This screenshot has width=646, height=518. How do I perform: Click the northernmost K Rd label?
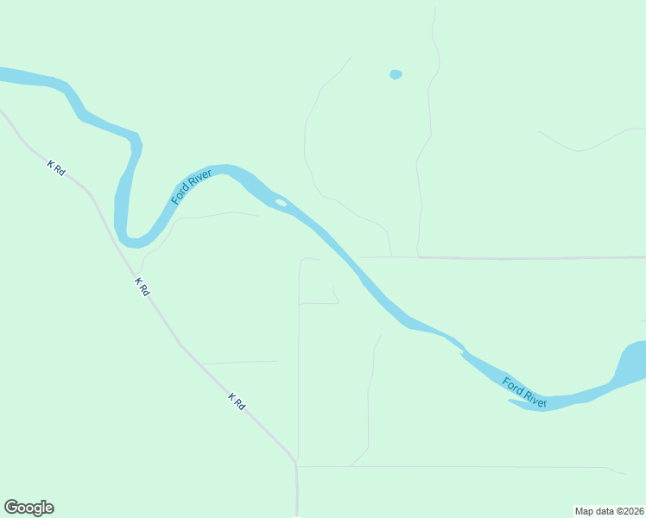coord(56,167)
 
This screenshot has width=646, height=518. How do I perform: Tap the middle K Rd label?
coord(142,287)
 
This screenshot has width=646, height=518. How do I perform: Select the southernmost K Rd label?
coord(237,401)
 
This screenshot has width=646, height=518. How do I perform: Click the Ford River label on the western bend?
coord(191,186)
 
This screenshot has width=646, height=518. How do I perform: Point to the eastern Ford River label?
coord(525,392)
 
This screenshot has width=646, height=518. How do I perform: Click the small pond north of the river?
coord(396,74)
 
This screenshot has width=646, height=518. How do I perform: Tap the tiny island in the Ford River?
coord(281,203)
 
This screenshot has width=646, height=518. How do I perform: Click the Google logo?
coord(28,508)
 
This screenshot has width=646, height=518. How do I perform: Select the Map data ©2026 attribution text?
coord(609,511)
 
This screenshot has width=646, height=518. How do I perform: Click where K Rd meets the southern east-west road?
coord(296,466)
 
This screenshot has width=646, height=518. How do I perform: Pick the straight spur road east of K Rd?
coord(239,362)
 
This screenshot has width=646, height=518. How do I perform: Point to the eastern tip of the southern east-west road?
coord(625,473)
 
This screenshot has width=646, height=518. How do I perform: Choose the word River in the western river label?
coord(199,177)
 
